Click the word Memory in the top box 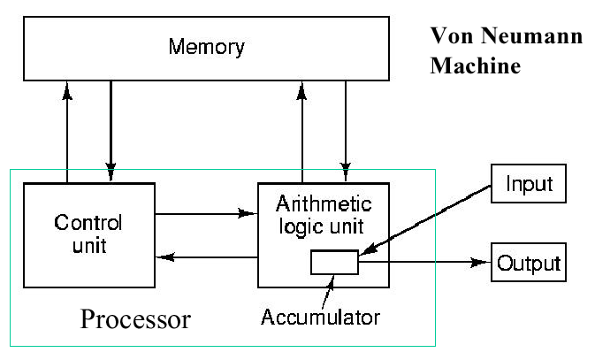tap(205, 46)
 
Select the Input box tap(529, 184)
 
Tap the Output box tap(529, 263)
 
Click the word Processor tap(135, 318)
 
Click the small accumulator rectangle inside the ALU tap(334, 263)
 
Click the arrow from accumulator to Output tap(424, 263)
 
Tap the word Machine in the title tap(476, 66)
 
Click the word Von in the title tap(448, 37)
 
